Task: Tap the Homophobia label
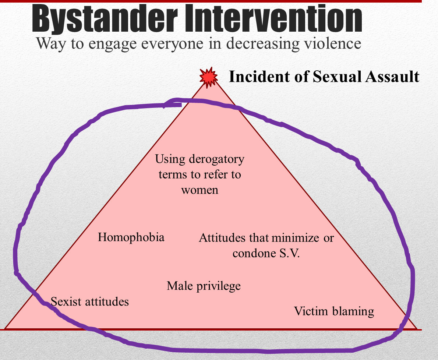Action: point(131,237)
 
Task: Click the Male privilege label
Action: point(204,286)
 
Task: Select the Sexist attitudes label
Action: point(90,302)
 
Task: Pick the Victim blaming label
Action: point(334,311)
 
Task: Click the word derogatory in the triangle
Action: point(216,159)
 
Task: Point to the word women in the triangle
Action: point(200,190)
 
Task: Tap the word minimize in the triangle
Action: point(296,238)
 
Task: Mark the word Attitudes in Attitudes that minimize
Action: point(222,238)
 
